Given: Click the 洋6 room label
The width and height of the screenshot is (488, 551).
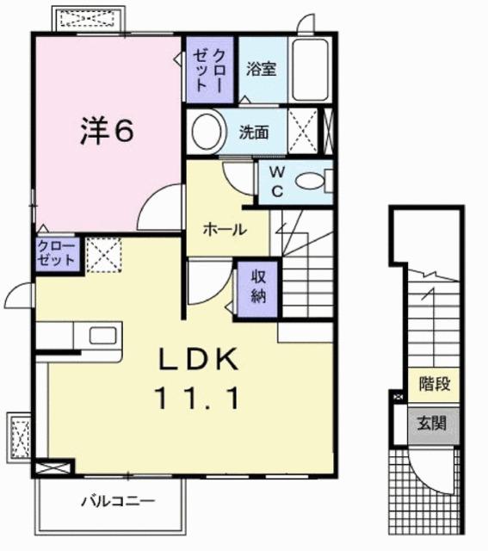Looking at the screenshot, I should [x=108, y=131].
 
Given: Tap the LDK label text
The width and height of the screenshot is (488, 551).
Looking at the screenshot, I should [x=196, y=359].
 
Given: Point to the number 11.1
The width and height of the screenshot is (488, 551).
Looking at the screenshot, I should [x=197, y=398].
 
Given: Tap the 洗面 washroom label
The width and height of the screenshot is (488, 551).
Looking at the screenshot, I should [x=254, y=133].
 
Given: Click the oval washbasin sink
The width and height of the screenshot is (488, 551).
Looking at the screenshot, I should [x=207, y=132].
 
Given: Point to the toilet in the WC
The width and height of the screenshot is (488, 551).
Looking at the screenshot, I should [x=311, y=181].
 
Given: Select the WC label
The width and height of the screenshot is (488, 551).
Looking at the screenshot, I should [x=277, y=181].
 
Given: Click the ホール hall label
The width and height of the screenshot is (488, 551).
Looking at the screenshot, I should [x=225, y=229].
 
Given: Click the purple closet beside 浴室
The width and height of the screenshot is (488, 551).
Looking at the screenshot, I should [x=207, y=68].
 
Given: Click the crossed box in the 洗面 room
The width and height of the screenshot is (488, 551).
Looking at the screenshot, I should [x=302, y=132].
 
